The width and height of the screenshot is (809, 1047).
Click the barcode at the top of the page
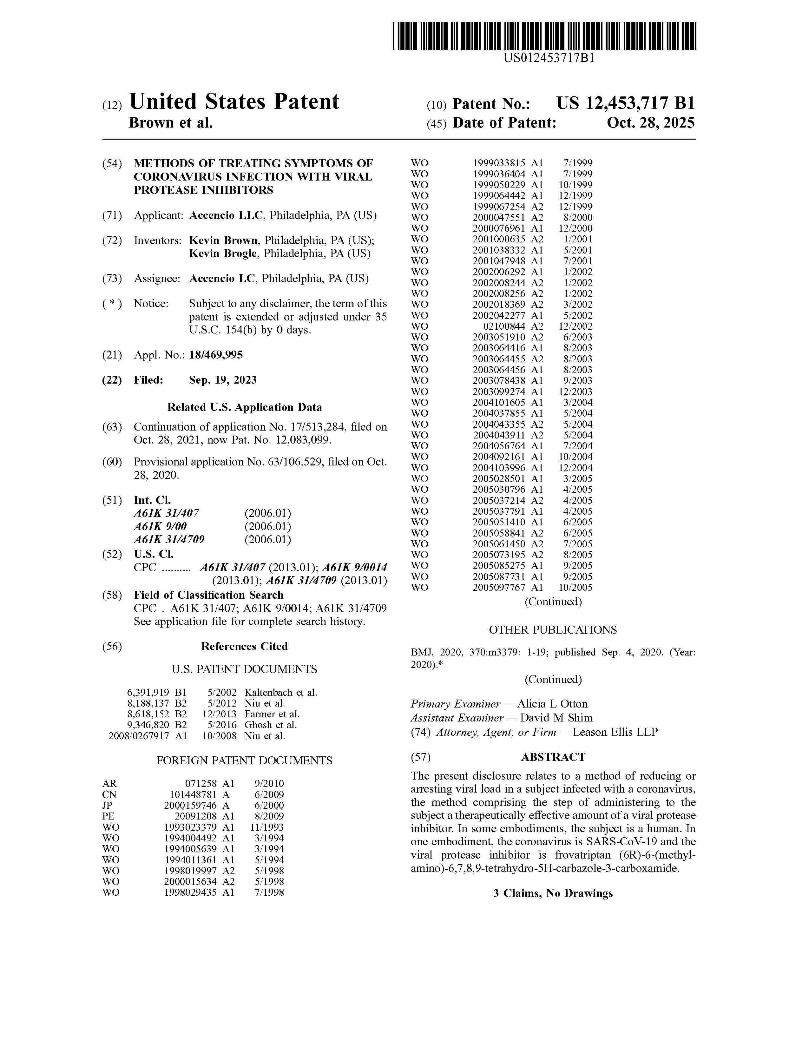pos(544,36)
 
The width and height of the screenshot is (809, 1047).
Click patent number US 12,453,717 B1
pos(625,103)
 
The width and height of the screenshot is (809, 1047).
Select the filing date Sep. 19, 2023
pos(222,380)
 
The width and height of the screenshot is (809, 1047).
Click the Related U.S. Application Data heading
pos(244,407)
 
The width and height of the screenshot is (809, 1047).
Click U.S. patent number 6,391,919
pos(148,692)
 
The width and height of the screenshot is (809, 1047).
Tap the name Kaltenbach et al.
pos(281,692)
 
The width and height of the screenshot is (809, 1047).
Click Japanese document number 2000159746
pos(190,805)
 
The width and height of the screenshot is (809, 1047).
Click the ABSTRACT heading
pos(553,757)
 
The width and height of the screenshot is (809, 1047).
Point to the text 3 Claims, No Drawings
pos(553,893)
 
